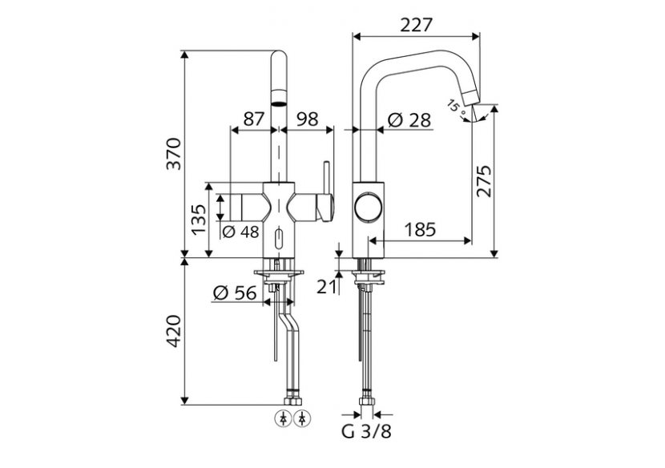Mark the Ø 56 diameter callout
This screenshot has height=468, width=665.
pyautogui.click(x=235, y=293)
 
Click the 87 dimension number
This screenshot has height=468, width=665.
pyautogui.click(x=253, y=119)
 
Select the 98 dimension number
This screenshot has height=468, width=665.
pyautogui.click(x=306, y=119)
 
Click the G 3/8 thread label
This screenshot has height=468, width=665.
pyautogui.click(x=367, y=433)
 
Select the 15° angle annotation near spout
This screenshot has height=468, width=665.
pyautogui.click(x=454, y=106)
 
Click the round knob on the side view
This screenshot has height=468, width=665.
pyautogui.click(x=369, y=208)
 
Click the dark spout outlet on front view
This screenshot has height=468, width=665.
pyautogui.click(x=277, y=103)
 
